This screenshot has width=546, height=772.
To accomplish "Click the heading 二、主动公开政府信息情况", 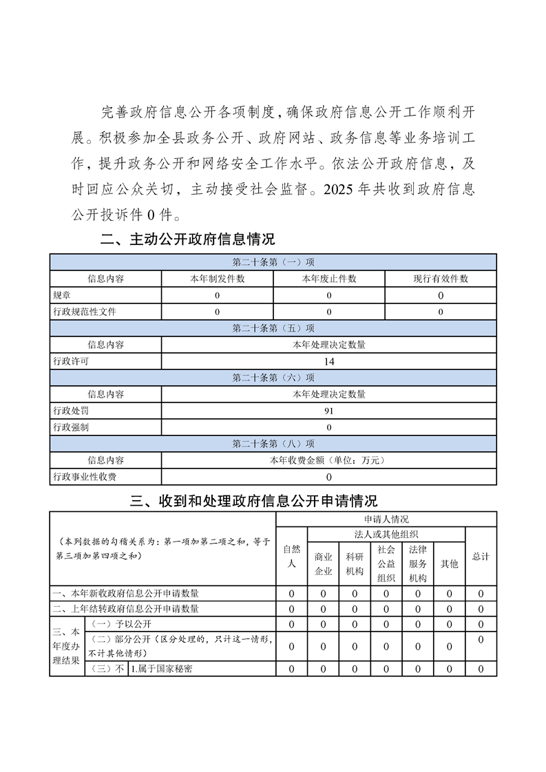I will [187, 239].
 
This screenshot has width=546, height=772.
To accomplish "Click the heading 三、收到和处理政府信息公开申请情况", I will [253, 500].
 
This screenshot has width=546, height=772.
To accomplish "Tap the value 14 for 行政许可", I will [328, 361].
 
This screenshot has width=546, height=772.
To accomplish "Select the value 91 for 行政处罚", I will [328, 411].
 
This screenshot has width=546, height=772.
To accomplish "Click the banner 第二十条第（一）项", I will [273, 262].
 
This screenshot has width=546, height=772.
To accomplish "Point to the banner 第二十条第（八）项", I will [273, 444].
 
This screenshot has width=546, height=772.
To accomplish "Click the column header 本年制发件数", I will [217, 279].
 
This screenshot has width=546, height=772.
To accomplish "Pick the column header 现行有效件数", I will [440, 279].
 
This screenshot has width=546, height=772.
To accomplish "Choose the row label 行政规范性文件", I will [85, 312].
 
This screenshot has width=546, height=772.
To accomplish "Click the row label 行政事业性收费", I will [85, 477].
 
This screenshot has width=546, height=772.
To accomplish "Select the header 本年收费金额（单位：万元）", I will [328, 460].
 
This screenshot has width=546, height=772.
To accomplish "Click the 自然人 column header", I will [292, 556].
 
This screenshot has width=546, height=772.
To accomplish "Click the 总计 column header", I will [481, 556].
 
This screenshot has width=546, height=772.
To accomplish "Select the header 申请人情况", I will [386, 519].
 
